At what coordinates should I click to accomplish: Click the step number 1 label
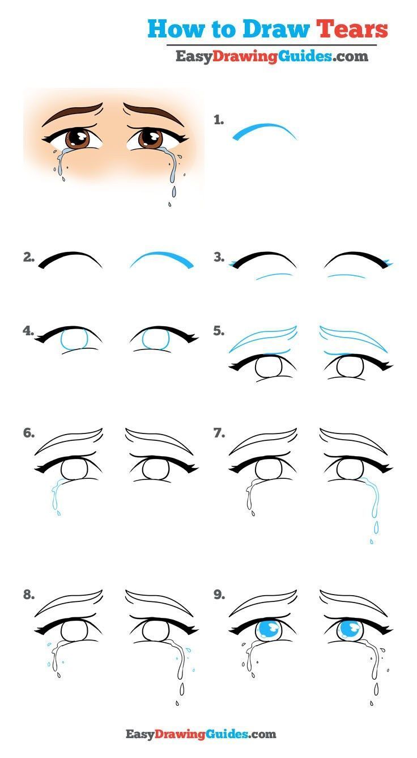point(219,120)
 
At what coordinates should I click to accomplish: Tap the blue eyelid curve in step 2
point(163,259)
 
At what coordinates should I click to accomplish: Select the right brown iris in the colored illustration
point(150,137)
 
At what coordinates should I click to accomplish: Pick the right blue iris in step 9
point(349,630)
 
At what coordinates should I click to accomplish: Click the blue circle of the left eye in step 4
point(74,341)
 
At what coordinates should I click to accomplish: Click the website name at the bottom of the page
point(201,734)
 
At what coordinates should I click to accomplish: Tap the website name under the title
point(271,56)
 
